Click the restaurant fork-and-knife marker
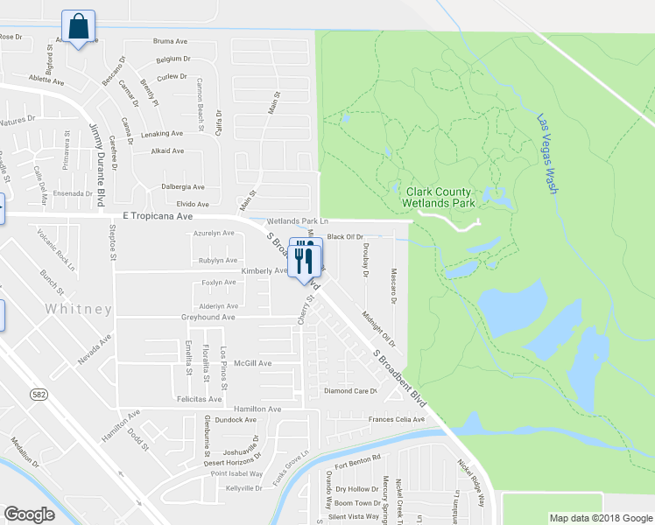(304, 258)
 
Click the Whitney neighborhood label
(81, 310)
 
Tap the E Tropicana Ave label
(158, 215)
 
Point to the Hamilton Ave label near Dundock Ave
(257, 409)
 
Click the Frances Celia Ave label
(396, 419)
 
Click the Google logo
(29, 514)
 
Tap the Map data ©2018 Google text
(600, 518)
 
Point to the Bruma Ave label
(171, 41)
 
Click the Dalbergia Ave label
(182, 186)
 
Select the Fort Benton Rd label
(358, 458)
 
